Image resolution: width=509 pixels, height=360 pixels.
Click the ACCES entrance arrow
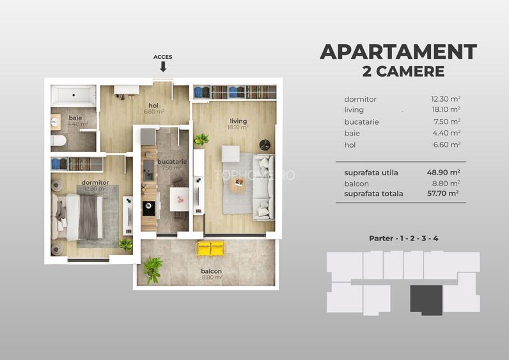[x=162, y=67]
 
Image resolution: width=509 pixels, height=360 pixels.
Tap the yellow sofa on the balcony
[x=211, y=248]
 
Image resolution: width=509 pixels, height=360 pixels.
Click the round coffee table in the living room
[x=237, y=185]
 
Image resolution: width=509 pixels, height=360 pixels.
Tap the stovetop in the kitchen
[x=148, y=207]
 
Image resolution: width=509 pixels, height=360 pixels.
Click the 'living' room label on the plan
[x=238, y=121]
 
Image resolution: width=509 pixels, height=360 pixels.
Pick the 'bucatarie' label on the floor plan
[x=173, y=162]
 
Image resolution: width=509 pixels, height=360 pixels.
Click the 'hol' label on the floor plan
[x=153, y=106]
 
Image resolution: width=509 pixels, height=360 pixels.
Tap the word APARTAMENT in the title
[x=398, y=52]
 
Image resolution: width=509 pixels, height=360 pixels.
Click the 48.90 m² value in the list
[x=446, y=173]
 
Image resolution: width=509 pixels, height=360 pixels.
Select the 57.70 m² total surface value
[x=446, y=194]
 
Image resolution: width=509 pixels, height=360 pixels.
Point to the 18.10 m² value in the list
[x=446, y=110]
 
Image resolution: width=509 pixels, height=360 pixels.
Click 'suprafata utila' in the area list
[x=371, y=173]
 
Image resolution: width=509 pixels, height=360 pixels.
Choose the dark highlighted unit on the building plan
[x=426, y=298]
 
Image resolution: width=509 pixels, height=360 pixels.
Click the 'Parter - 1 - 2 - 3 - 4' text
[x=403, y=239]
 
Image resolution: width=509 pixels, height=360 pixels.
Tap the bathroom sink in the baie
[x=56, y=121]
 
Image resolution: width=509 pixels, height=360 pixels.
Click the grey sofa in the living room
[x=263, y=187]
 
